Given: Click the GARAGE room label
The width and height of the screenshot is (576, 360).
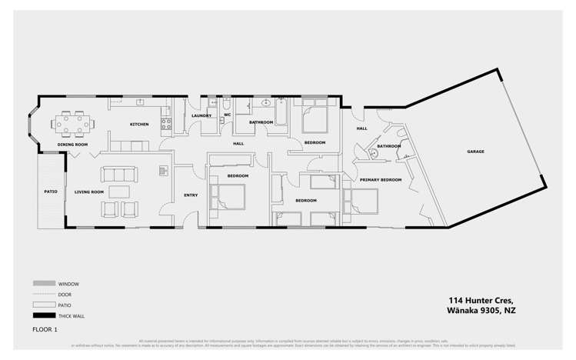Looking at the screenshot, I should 475,152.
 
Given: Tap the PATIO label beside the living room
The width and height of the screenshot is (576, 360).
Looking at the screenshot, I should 51,192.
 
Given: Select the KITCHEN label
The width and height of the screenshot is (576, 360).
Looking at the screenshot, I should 139,125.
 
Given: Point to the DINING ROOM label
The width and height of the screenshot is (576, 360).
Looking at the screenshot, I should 72,145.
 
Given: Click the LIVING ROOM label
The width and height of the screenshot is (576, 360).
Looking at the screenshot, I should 89,192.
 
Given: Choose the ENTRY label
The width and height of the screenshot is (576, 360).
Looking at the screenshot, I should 191,195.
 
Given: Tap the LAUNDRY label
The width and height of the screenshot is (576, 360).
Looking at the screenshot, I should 201,116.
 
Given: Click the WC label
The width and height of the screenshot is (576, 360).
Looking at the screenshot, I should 228,115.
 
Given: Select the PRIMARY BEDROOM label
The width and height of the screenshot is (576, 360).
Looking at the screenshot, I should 381,179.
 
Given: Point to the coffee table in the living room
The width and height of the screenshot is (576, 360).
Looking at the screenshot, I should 120,192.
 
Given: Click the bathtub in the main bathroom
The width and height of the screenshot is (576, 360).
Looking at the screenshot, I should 281,114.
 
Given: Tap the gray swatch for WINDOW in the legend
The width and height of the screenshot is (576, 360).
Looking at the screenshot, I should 43,284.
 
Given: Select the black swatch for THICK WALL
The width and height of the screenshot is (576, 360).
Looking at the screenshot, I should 43,316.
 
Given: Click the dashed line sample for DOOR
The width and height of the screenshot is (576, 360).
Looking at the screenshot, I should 43,295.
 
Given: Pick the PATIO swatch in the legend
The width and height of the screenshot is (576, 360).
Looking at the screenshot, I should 43,305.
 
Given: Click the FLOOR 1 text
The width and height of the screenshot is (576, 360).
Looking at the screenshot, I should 45,330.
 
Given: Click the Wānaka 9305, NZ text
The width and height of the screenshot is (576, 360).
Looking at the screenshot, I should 481,311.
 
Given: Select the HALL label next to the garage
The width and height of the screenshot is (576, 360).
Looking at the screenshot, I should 361,129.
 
